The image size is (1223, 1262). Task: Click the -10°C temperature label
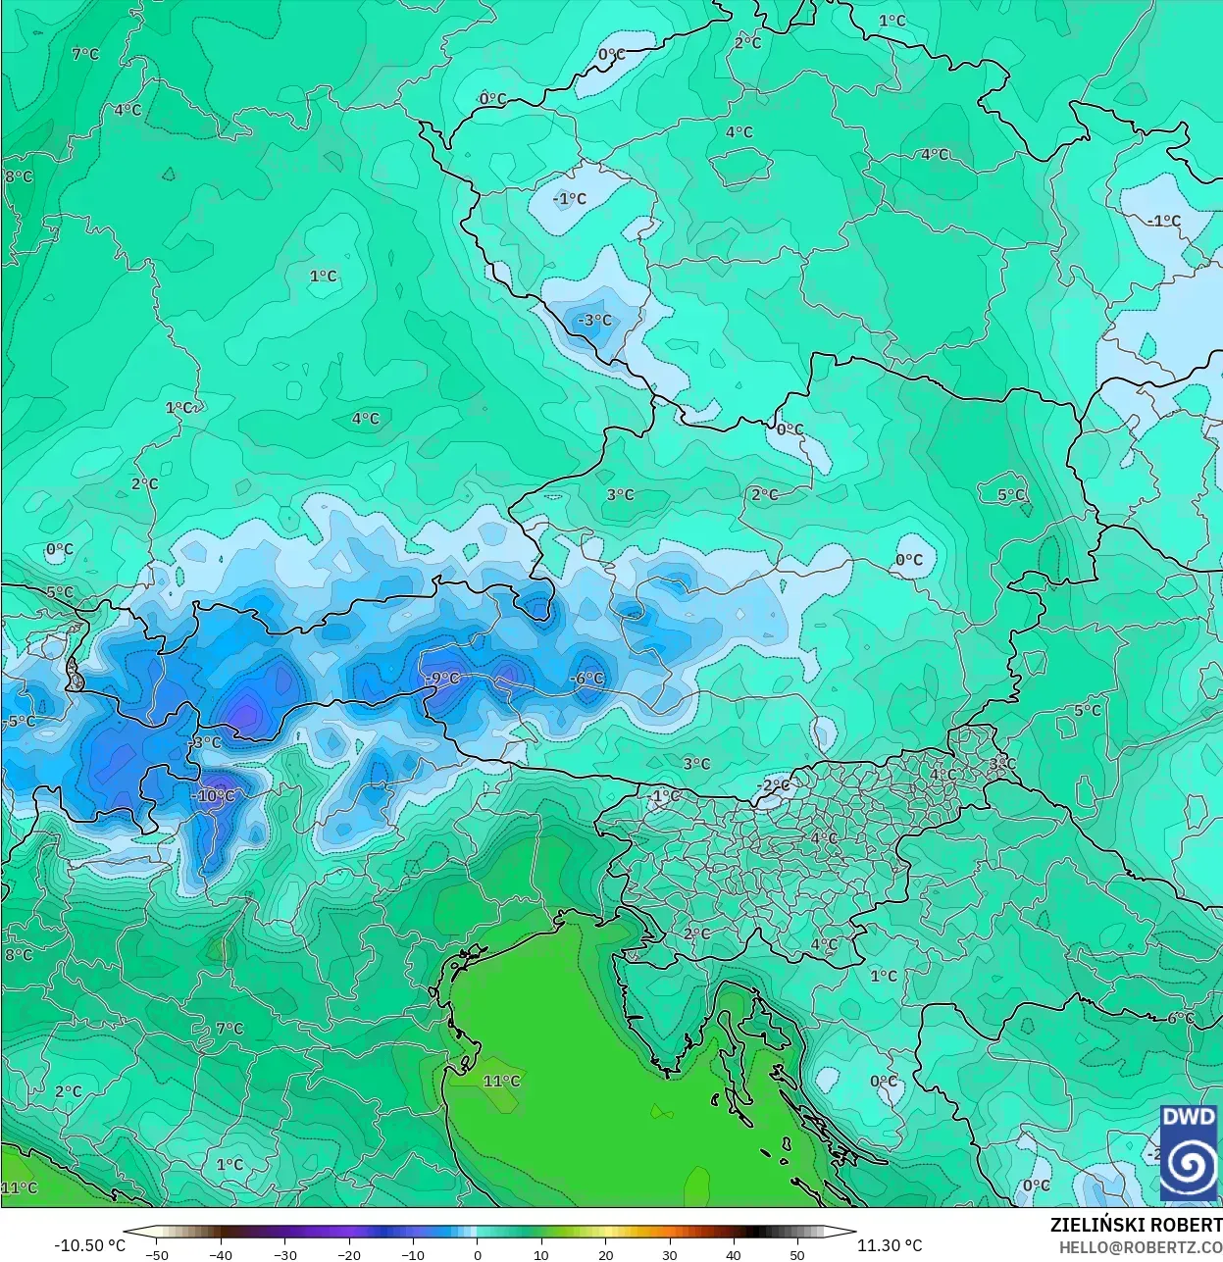pos(216,796)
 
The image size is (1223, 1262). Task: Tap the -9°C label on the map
pos(443,678)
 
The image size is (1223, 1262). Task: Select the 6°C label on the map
pos(1181,1018)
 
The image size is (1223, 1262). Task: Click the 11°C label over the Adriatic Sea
pos(501,1081)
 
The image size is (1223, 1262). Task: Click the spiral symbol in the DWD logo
pos(1189,1164)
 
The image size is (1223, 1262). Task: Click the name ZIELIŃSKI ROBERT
pos(1136,1225)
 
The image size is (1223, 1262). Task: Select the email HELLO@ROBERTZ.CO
pos(1140,1246)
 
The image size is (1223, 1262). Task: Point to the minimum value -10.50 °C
pos(90,1245)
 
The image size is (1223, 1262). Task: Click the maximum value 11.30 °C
pos(890,1245)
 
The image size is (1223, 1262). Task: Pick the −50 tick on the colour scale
pos(157,1254)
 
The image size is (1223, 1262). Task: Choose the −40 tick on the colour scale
pos(221,1254)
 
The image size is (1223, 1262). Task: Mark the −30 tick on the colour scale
pos(284,1254)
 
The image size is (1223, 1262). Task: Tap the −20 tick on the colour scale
pos(349,1254)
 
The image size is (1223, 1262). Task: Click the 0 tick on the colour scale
pos(478,1254)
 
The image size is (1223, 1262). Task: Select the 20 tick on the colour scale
pos(605,1254)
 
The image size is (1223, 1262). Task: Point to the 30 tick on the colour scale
pos(669,1254)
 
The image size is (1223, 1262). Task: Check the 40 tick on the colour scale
pos(734,1254)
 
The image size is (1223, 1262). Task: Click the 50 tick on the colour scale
pos(797,1254)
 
